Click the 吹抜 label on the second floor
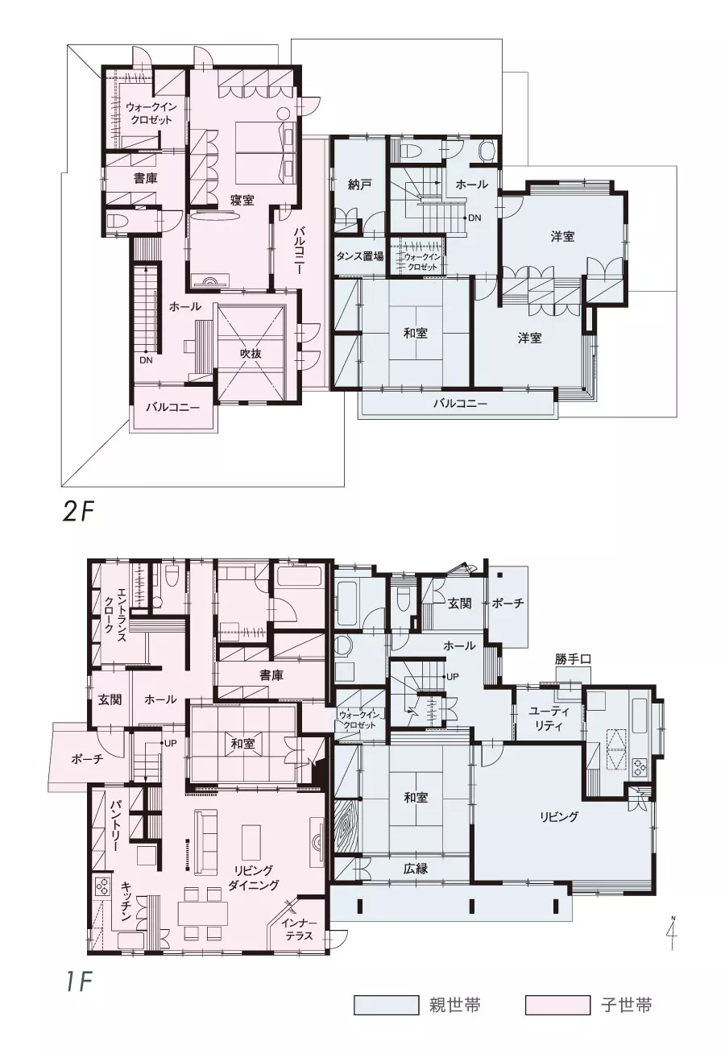pyautogui.click(x=251, y=354)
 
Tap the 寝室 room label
pyautogui.click(x=242, y=201)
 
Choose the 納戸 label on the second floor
pyautogui.click(x=360, y=185)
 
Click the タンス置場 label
pyautogui.click(x=359, y=256)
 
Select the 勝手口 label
pyautogui.click(x=573, y=659)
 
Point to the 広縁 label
pyautogui.click(x=416, y=868)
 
